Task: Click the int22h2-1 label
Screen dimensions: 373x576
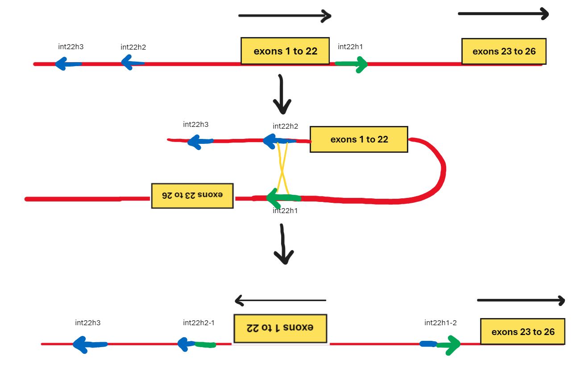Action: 199,323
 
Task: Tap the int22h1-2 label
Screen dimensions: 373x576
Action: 440,323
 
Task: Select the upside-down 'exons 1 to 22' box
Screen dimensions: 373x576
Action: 280,328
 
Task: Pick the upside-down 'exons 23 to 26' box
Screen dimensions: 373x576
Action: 192,196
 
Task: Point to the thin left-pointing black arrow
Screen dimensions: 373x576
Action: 280,301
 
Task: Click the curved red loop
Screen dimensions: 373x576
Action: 439,170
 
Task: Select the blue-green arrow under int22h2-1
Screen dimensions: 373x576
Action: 197,344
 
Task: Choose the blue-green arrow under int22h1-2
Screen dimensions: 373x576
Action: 440,344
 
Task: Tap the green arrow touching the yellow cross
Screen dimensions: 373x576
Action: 283,197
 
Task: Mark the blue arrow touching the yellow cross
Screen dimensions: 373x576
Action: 279,141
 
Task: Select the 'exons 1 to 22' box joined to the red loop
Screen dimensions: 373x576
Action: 359,139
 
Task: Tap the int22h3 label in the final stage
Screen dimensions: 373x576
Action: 87,323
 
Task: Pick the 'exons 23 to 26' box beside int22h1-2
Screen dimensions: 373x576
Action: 522,331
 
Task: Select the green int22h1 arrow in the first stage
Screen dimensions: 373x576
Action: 351,64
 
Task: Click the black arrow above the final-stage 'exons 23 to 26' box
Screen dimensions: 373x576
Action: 521,300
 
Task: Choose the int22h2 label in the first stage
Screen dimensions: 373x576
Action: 133,46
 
